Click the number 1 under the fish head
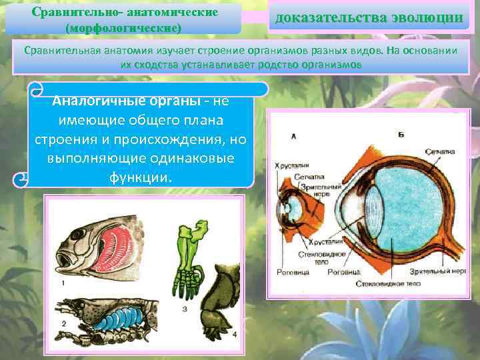(63, 283)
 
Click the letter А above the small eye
(293, 136)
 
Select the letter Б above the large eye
(401, 135)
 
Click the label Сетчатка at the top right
(441, 151)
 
